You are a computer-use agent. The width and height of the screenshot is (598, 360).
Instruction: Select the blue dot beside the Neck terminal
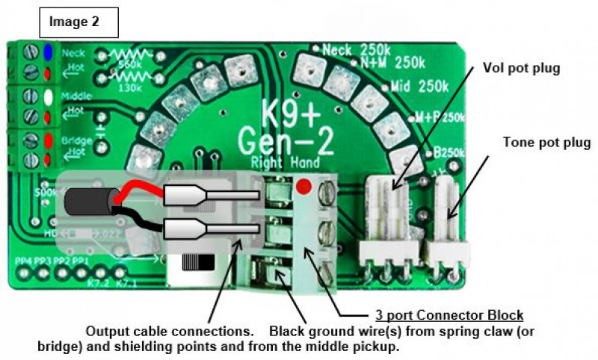(48, 52)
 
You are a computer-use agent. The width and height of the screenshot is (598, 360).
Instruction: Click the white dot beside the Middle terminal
(48, 96)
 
